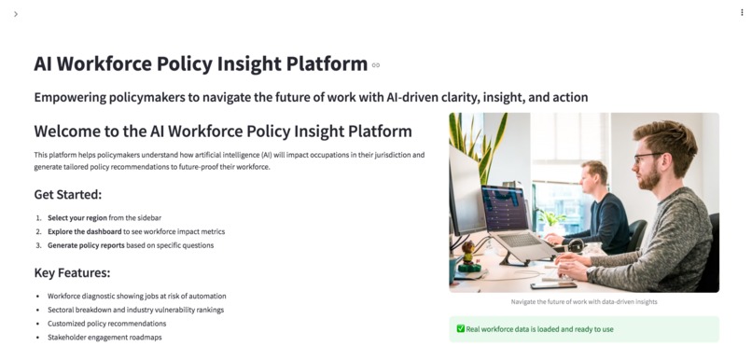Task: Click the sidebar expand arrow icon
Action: pyautogui.click(x=16, y=14)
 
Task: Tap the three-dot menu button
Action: pyautogui.click(x=742, y=13)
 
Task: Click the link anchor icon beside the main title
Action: pyautogui.click(x=376, y=65)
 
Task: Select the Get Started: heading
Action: pyautogui.click(x=67, y=195)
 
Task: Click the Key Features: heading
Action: pyautogui.click(x=72, y=272)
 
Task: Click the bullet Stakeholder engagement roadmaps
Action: pyautogui.click(x=104, y=337)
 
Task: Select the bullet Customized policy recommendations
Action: pyautogui.click(x=106, y=323)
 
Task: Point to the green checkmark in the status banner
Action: pyautogui.click(x=461, y=329)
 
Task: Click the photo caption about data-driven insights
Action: pyautogui.click(x=584, y=301)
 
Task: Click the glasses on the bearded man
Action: pyautogui.click(x=648, y=157)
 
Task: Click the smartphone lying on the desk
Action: pyautogui.click(x=553, y=284)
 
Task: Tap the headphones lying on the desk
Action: pyautogui.click(x=574, y=245)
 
